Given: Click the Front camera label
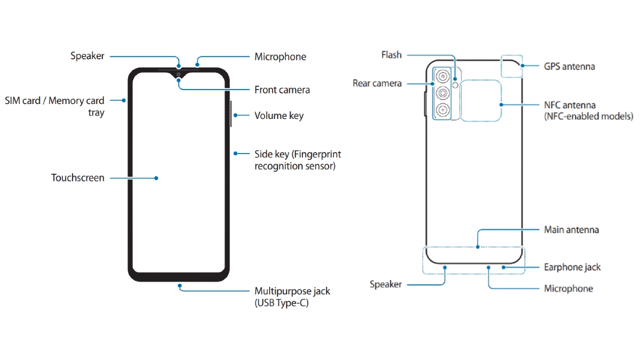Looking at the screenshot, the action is pyautogui.click(x=282, y=90).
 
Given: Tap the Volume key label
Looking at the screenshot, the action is pyautogui.click(x=279, y=116).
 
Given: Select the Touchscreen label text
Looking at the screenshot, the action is pyautogui.click(x=78, y=178).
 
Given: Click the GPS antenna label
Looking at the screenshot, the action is pyautogui.click(x=570, y=67).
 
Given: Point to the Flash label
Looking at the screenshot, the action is pyautogui.click(x=391, y=54).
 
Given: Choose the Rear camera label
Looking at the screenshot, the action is pyautogui.click(x=377, y=83).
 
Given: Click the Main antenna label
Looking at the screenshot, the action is pyautogui.click(x=571, y=230).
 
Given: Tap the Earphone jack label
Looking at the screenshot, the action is pyautogui.click(x=572, y=267).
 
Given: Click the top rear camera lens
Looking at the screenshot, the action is pyautogui.click(x=443, y=77).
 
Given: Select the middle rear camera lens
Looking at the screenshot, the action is pyautogui.click(x=443, y=93).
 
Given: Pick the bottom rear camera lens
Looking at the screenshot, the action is pyautogui.click(x=443, y=110).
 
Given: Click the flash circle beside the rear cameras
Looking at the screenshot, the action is pyautogui.click(x=455, y=85).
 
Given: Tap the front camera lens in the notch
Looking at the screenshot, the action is pyautogui.click(x=179, y=75).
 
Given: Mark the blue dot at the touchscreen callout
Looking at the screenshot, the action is pyautogui.click(x=156, y=178).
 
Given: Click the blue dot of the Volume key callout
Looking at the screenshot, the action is pyautogui.click(x=235, y=115).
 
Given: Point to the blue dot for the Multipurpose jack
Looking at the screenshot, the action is pyautogui.click(x=180, y=286).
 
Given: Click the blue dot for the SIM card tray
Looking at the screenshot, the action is pyautogui.click(x=124, y=101).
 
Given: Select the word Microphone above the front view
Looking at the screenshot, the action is pyautogui.click(x=281, y=57).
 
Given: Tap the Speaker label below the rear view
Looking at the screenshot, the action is pyautogui.click(x=386, y=284).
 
